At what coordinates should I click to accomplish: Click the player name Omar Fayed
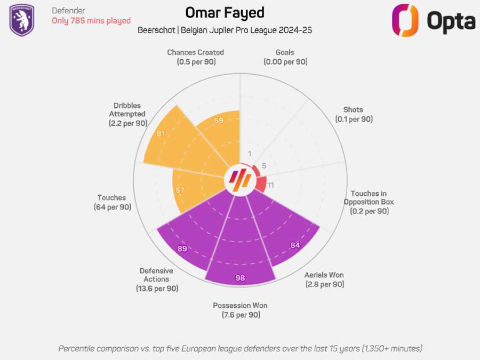tap(225, 13)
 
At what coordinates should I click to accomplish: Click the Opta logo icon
tap(404, 20)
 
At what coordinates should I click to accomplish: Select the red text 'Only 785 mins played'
tap(91, 21)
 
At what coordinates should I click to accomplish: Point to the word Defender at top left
tap(68, 11)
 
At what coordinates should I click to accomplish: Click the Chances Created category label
tap(195, 57)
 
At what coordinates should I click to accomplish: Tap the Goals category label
tap(285, 57)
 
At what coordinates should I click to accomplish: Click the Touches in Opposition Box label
tap(369, 202)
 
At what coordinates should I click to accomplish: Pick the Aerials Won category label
tap(324, 279)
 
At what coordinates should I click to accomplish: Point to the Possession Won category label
tap(240, 310)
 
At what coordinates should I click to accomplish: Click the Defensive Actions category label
tap(156, 279)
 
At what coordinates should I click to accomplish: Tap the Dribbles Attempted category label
tap(127, 114)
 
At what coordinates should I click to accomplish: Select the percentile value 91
tap(161, 134)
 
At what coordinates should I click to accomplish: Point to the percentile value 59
tap(219, 121)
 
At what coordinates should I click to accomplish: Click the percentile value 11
tap(271, 185)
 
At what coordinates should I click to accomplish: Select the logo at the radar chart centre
tap(240, 180)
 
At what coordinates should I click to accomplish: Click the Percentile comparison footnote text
tap(240, 348)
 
